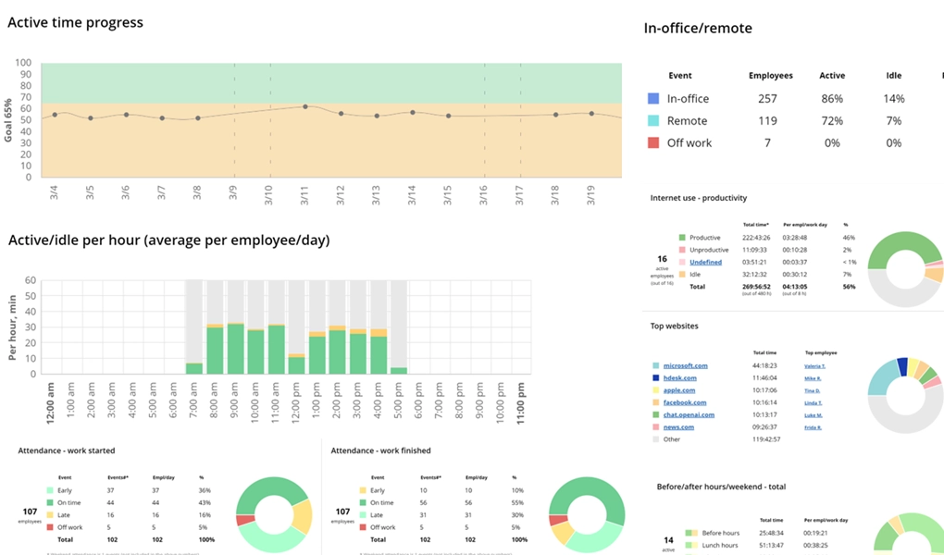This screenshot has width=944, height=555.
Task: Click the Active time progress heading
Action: tap(75, 22)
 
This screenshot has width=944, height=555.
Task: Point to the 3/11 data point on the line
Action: tap(305, 106)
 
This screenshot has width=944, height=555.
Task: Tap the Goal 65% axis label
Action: tap(8, 119)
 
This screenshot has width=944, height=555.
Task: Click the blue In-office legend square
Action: tap(653, 98)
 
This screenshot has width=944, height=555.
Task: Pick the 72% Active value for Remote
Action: tap(831, 120)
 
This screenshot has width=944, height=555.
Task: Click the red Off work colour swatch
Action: tap(653, 142)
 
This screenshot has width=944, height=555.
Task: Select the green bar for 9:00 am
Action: tap(235, 349)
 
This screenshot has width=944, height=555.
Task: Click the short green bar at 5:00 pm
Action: tap(398, 370)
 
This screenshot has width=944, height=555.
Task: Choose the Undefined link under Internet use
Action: tap(705, 262)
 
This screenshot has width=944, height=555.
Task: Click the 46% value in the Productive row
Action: tap(846, 238)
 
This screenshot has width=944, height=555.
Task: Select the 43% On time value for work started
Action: tap(205, 502)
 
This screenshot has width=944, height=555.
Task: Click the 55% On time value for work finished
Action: tap(517, 502)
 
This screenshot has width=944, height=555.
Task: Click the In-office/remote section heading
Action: tap(697, 29)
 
